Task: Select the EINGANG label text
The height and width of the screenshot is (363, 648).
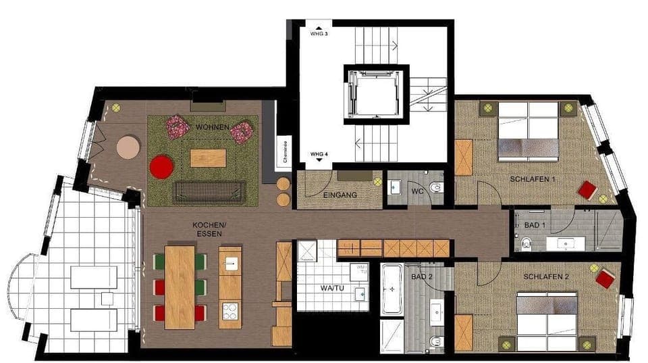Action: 341,195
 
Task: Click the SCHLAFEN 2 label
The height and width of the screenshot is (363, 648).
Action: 545,277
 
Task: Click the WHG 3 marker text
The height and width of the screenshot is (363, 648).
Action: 319,33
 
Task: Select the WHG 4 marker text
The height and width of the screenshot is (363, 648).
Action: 319,155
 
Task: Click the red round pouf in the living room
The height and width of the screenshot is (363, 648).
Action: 161,166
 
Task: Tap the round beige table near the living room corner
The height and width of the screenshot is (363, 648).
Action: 128,147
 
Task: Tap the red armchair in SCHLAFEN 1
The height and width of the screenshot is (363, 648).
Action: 587,190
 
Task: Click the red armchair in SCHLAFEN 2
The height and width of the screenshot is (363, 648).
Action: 605,278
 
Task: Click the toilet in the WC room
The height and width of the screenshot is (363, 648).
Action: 436,187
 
